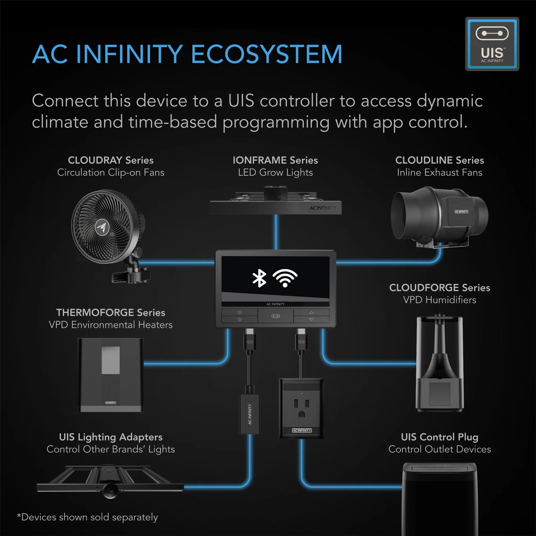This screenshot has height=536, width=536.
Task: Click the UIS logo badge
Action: coord(492,44)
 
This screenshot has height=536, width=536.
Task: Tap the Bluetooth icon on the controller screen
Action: coord(259,278)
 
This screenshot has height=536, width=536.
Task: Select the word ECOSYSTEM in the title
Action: coord(267,54)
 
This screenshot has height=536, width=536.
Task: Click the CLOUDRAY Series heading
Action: coord(111,160)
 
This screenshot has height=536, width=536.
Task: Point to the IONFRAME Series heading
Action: coord(275,160)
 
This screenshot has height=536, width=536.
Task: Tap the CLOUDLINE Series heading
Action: coord(439,160)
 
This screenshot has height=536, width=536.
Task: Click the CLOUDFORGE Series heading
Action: coord(439,287)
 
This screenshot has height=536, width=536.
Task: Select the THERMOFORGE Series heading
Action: coord(111,312)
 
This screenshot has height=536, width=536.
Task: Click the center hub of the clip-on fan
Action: coord(102,227)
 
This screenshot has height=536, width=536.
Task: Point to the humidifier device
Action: coord(439,364)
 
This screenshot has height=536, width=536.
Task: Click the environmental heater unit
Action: coord(111,375)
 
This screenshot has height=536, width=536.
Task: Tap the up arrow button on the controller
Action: coord(311,312)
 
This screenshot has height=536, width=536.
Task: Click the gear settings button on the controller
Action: coord(239,320)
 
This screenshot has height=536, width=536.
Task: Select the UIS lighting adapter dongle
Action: coord(249,413)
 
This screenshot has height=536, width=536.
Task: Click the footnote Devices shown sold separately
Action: coord(88,517)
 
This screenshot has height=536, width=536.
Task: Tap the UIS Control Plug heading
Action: coord(439,437)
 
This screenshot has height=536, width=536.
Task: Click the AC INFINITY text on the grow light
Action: coord(323,208)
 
